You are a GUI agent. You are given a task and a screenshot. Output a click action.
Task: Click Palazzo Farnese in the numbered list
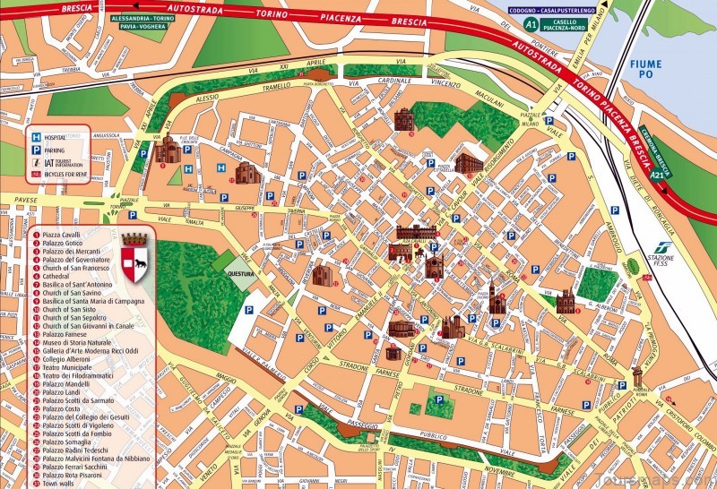tap(65, 332)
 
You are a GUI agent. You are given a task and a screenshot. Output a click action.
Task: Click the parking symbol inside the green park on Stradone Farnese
tap(438, 399)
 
